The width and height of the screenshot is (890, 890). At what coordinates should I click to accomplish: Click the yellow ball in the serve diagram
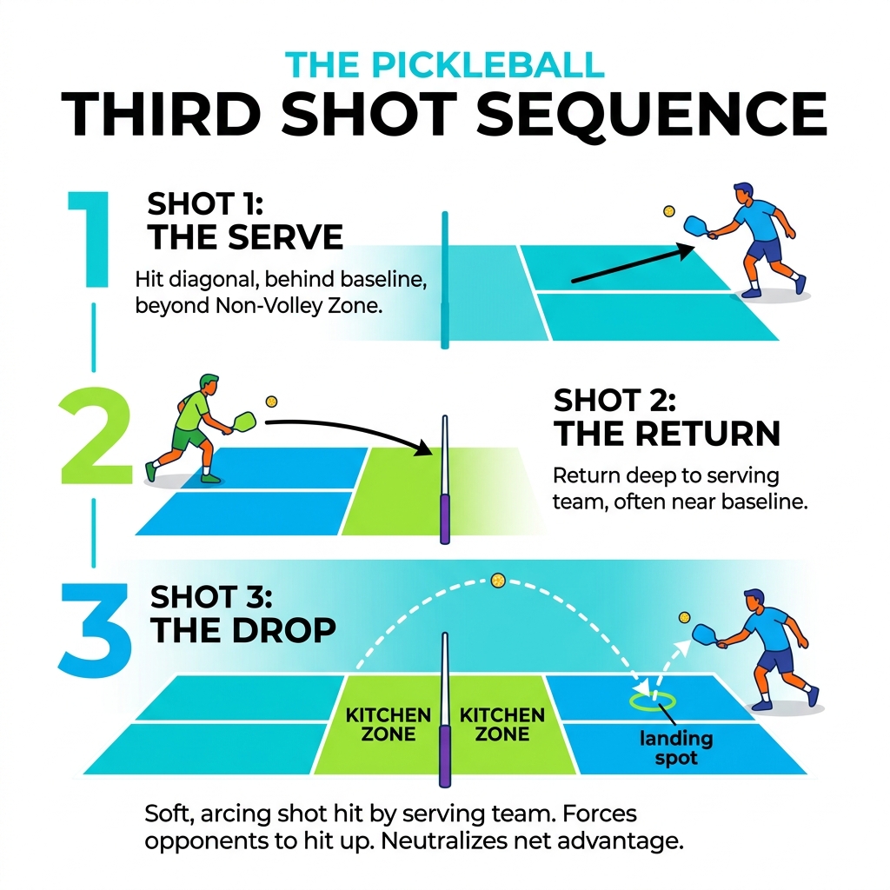click(668, 211)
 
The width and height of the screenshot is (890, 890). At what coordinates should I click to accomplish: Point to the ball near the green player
click(271, 402)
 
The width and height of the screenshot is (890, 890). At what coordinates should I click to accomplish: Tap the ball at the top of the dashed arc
click(497, 579)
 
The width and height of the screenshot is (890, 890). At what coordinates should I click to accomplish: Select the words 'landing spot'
click(676, 748)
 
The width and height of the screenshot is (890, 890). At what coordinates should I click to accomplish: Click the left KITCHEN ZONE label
click(388, 725)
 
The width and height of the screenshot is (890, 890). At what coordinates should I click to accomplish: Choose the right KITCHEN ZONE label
click(501, 725)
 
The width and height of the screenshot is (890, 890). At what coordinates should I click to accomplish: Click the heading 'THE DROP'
click(243, 630)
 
